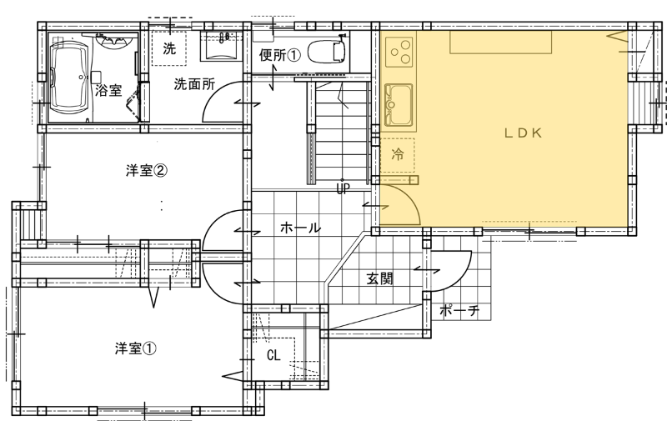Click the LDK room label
point(523,133)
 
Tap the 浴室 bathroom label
point(108,90)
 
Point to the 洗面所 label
point(194,84)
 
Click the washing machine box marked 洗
point(169,48)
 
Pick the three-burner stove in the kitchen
point(399,52)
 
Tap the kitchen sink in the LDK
point(399,105)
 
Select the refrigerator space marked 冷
point(398,155)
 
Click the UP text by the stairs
point(343,188)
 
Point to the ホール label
point(300,228)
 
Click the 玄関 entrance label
point(380,279)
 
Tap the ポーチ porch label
point(459,310)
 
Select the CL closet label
point(273,355)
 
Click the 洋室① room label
point(136,348)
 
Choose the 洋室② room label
point(147,171)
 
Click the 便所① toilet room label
point(280,55)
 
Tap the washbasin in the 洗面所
point(222,46)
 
